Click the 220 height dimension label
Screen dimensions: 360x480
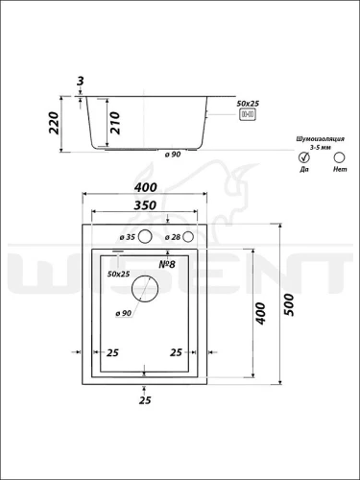54,123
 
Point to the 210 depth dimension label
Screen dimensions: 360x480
115,123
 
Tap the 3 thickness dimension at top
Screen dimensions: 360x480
80,81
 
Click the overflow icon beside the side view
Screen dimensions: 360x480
248,114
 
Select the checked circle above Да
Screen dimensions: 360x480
303,157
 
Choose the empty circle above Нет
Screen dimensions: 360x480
339,157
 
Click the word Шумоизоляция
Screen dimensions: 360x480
321,139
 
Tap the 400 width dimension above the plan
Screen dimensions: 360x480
146,187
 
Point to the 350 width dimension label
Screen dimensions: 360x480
145,205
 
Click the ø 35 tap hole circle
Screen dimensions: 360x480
145,237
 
